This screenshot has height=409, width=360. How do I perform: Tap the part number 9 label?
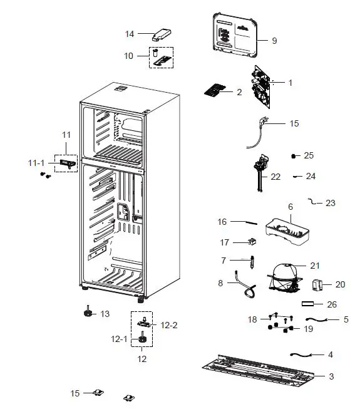click(x=274, y=41)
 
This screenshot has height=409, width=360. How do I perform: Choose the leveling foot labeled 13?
click(x=87, y=313)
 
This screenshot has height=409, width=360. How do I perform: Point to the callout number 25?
click(x=309, y=155)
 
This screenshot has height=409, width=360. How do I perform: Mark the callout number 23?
click(x=330, y=203)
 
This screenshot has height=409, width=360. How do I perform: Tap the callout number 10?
click(x=128, y=56)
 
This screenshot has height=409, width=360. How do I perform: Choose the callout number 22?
click(x=275, y=177)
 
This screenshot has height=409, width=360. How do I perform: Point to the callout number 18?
click(x=252, y=319)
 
